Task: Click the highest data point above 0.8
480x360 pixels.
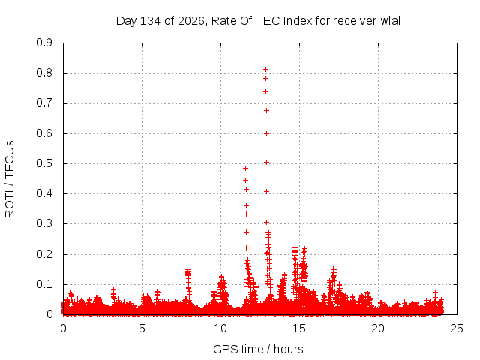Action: (265, 70)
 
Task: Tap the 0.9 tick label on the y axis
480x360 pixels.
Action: (44, 43)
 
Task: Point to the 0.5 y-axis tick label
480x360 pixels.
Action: (44, 163)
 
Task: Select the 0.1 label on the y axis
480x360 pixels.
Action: (44, 284)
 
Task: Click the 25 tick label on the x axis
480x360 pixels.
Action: (457, 328)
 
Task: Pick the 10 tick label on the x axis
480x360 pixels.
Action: (220, 328)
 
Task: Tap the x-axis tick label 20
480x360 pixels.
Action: (378, 328)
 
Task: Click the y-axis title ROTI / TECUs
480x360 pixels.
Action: (10, 179)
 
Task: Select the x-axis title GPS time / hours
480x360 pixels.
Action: (258, 349)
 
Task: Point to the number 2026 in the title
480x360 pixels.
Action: (191, 21)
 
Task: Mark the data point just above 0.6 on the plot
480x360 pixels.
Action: (266, 133)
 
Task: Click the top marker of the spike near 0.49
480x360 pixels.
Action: (245, 168)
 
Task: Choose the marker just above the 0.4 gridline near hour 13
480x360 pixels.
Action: (266, 192)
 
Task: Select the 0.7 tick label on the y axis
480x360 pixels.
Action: (44, 103)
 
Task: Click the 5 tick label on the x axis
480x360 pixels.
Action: (142, 328)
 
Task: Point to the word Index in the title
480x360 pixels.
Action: (298, 21)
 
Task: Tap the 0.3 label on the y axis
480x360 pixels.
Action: (44, 223)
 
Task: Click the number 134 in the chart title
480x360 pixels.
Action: (151, 21)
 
